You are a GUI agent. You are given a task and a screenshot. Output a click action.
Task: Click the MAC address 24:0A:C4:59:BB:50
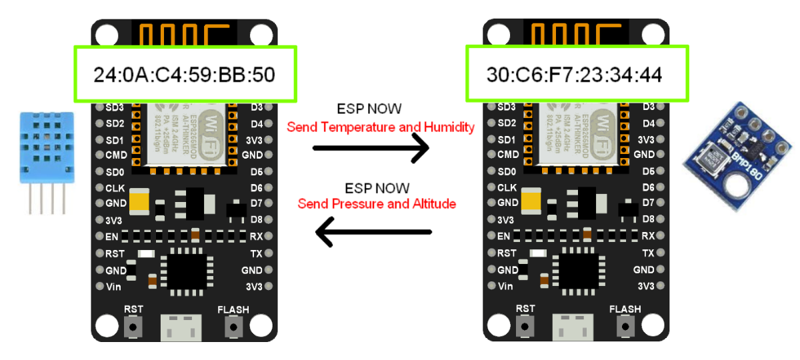pyautogui.click(x=184, y=75)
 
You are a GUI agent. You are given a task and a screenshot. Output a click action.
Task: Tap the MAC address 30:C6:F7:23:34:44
pyautogui.click(x=574, y=75)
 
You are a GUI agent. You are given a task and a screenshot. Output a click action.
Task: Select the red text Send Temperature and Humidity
pyautogui.click(x=381, y=127)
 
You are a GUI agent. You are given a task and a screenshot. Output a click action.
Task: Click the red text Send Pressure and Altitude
pyautogui.click(x=377, y=203)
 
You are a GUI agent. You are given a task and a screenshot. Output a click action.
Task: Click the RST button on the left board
pyautogui.click(x=135, y=327)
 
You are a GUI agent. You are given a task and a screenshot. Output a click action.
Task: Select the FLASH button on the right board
pyautogui.click(x=625, y=327)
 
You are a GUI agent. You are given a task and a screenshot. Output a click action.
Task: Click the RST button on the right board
pyautogui.click(x=526, y=327)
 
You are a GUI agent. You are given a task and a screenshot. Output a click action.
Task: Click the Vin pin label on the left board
pyautogui.click(x=114, y=287)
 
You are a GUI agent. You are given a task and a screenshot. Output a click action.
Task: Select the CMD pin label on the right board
pyautogui.click(x=507, y=155)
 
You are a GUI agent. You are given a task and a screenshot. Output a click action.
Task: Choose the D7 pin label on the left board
pyautogui.click(x=257, y=203)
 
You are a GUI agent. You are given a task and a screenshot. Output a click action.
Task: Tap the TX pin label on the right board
pyautogui.click(x=648, y=253)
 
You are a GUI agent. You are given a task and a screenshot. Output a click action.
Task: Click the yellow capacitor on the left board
pyautogui.click(x=139, y=199)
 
